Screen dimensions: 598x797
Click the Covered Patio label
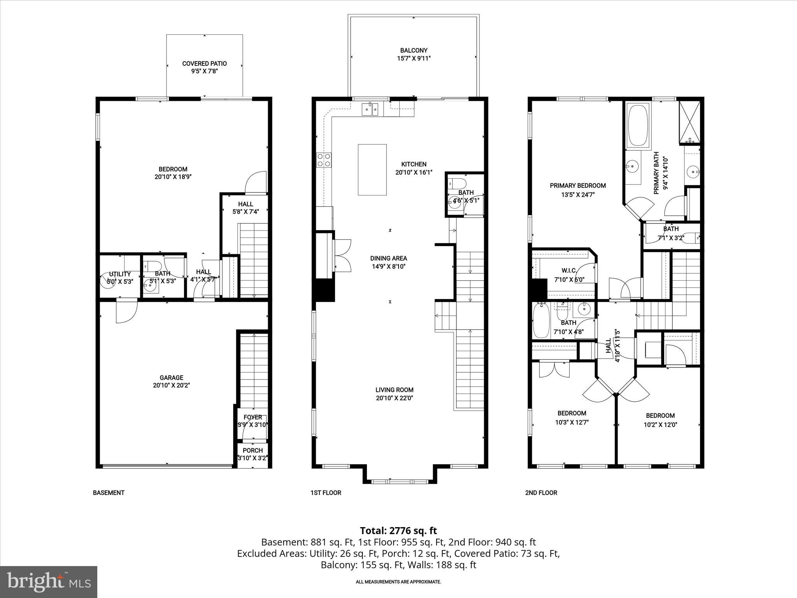click(x=204, y=63)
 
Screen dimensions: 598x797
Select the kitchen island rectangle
click(x=372, y=169)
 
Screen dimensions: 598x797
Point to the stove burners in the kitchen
click(x=324, y=160)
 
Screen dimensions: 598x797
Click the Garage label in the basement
click(x=171, y=377)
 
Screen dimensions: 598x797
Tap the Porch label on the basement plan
click(x=253, y=450)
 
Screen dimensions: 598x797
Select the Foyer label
click(x=253, y=417)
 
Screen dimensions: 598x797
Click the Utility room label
click(x=120, y=274)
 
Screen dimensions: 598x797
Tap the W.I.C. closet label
click(x=569, y=271)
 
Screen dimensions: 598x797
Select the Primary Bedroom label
click(x=578, y=186)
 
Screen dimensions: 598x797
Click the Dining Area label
click(x=388, y=258)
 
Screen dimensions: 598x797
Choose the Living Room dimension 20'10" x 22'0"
click(x=394, y=398)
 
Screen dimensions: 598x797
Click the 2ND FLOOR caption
click(x=541, y=492)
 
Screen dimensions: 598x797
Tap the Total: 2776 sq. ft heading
click(x=398, y=531)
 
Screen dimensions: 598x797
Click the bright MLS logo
click(x=49, y=582)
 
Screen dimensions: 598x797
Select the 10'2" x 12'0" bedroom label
click(x=660, y=425)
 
